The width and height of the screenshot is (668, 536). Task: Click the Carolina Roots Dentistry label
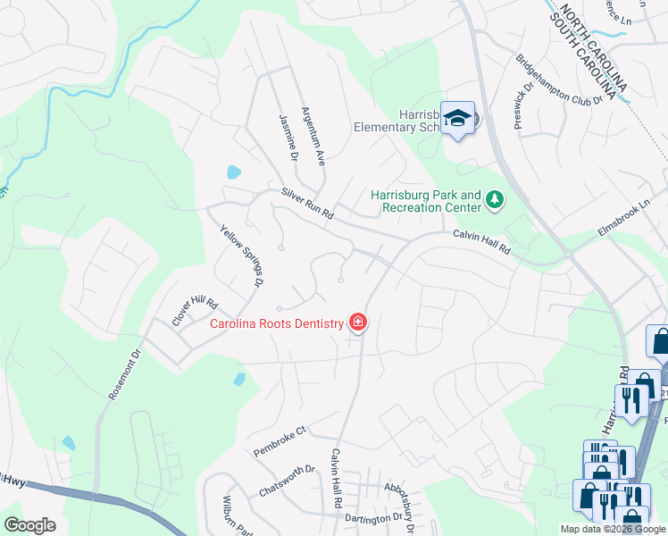pos(277,323)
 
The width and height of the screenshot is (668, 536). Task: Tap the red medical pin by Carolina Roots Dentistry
pos(358,322)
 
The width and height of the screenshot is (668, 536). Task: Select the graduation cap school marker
pos(458,119)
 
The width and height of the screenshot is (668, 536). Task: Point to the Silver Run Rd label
pos(306,204)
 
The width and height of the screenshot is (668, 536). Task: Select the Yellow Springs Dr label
pos(242,255)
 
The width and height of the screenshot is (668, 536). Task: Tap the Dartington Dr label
pos(374,518)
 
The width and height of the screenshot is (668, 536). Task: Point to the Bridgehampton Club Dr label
pos(559,81)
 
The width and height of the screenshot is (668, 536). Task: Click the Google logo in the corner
pos(29,525)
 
